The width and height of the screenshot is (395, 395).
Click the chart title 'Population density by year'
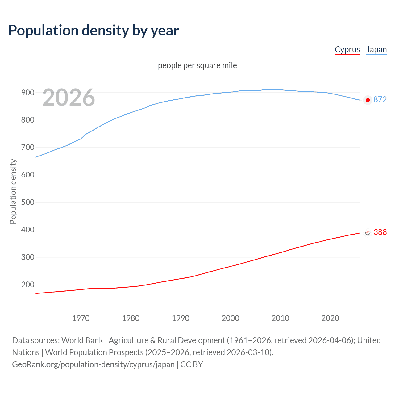tap(94, 31)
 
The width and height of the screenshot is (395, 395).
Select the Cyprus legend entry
tap(347, 50)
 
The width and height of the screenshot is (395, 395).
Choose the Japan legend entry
tap(376, 50)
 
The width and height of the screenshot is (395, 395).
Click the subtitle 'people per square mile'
tap(197, 66)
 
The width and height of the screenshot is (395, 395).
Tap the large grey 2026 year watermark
tap(69, 98)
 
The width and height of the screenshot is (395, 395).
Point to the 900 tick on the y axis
tap(27, 93)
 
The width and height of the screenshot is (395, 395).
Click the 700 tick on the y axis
tap(27, 148)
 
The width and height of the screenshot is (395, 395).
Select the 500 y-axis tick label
tap(27, 202)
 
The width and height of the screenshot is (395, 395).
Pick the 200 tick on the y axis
tap(27, 285)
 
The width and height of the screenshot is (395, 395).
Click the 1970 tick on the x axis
tap(81, 318)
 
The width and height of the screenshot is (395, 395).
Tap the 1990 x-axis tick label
tap(181, 318)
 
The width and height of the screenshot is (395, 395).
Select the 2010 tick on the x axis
tap(280, 318)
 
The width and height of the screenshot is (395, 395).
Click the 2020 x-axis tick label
tap(330, 318)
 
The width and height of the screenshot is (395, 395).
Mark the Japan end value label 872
tap(380, 99)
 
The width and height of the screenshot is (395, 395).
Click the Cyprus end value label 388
tap(380, 232)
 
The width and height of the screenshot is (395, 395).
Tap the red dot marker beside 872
tap(368, 100)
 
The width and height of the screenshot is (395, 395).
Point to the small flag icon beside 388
tap(368, 232)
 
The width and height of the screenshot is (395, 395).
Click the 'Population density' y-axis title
tap(13, 191)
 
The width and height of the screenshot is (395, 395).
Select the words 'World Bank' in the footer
tap(82, 340)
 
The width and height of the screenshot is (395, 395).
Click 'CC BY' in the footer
tap(192, 364)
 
